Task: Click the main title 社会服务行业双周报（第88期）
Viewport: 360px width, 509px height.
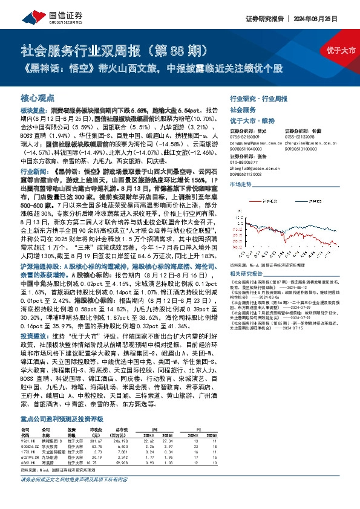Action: click(114, 50)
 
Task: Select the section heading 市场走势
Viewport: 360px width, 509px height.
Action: click(240, 184)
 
